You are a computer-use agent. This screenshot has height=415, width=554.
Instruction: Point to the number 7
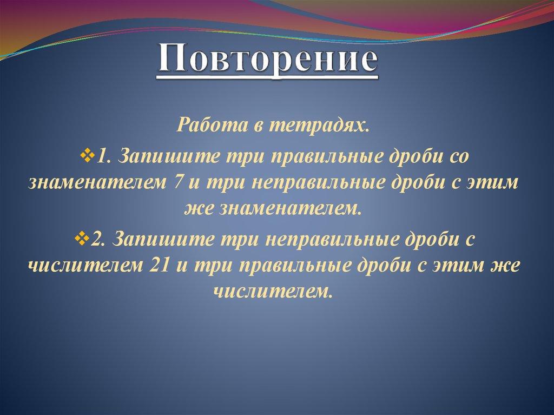[x=179, y=182]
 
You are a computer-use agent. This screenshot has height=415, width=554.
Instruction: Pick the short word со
[x=464, y=155]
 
